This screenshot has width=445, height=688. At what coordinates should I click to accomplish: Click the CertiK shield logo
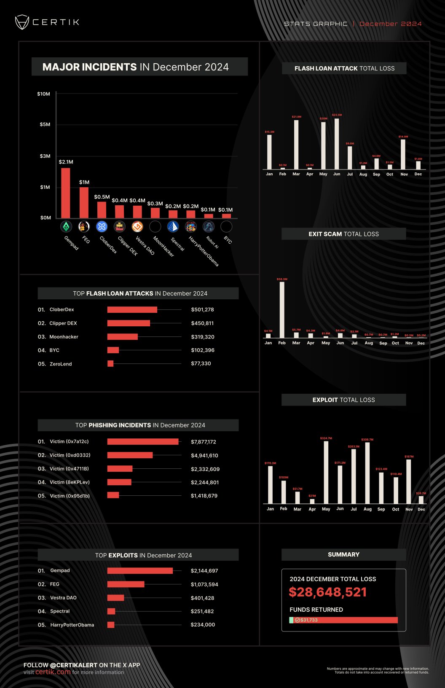pyautogui.click(x=22, y=22)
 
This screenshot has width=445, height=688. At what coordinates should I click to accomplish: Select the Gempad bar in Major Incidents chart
pyautogui.click(x=66, y=193)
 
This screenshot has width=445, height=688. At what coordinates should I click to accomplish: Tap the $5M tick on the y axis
pyautogui.click(x=45, y=124)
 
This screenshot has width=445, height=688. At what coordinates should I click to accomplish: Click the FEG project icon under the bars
pyautogui.click(x=84, y=227)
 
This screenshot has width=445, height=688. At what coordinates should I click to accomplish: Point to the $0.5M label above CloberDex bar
pyautogui.click(x=102, y=197)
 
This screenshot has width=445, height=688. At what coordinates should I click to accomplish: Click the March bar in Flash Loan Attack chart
pyautogui.click(x=296, y=145)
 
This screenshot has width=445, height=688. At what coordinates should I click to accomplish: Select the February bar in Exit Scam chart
pyautogui.click(x=282, y=310)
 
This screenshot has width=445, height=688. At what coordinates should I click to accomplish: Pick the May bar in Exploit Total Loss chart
pyautogui.click(x=326, y=472)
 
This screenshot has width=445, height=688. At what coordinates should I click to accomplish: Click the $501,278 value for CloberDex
pyautogui.click(x=202, y=309)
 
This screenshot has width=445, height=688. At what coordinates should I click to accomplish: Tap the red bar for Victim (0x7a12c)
pyautogui.click(x=143, y=442)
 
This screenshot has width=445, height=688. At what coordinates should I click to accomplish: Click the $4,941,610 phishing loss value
pyautogui.click(x=204, y=455)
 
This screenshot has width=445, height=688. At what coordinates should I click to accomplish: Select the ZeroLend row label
pyautogui.click(x=61, y=364)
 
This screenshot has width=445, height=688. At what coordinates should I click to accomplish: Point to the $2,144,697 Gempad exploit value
pyautogui.click(x=204, y=571)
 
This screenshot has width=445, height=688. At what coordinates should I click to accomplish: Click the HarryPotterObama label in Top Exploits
pyautogui.click(x=72, y=625)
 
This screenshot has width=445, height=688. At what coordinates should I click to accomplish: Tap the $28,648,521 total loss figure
pyautogui.click(x=327, y=592)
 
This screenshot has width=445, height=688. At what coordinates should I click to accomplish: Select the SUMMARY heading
pyautogui.click(x=343, y=555)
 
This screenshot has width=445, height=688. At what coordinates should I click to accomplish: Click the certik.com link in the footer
pyautogui.click(x=53, y=672)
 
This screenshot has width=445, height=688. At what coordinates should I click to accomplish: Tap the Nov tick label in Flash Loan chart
pyautogui.click(x=404, y=174)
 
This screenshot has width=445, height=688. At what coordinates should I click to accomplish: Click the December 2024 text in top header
pyautogui.click(x=391, y=24)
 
